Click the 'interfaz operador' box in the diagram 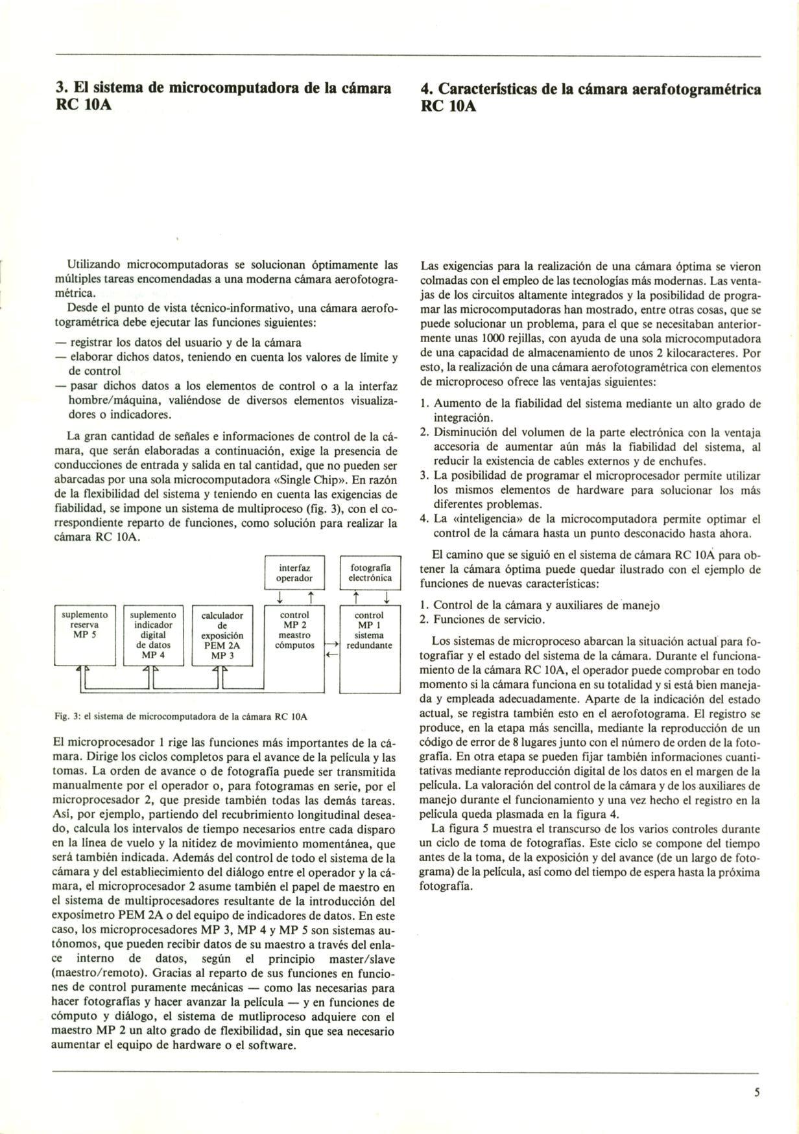pyautogui.click(x=294, y=572)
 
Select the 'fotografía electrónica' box pyautogui.click(x=370, y=572)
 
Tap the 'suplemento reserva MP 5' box pyautogui.click(x=84, y=635)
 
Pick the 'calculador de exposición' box pyautogui.click(x=222, y=635)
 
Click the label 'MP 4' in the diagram pyautogui.click(x=154, y=655)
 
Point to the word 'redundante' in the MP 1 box pyautogui.click(x=370, y=645)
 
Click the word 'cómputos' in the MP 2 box pyautogui.click(x=294, y=645)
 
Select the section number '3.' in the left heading pyautogui.click(x=61, y=88)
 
